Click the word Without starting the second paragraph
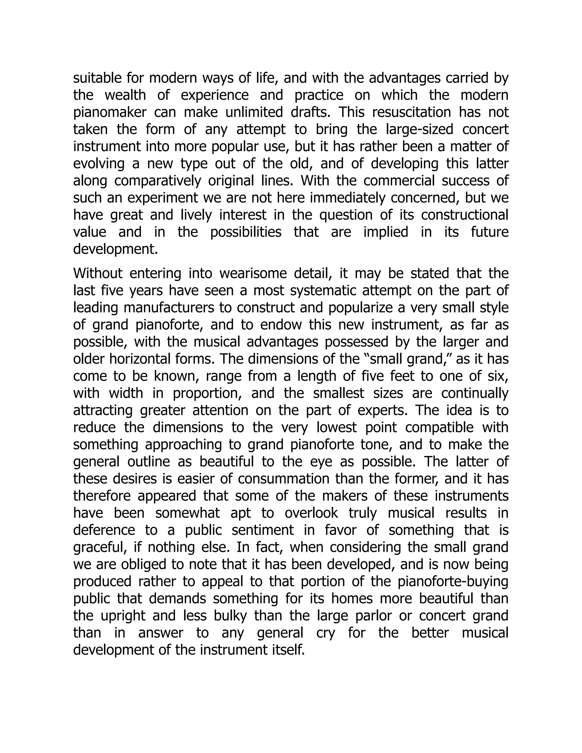pos(97,273)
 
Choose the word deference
pos(104,530)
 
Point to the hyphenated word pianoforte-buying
pos(453,581)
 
